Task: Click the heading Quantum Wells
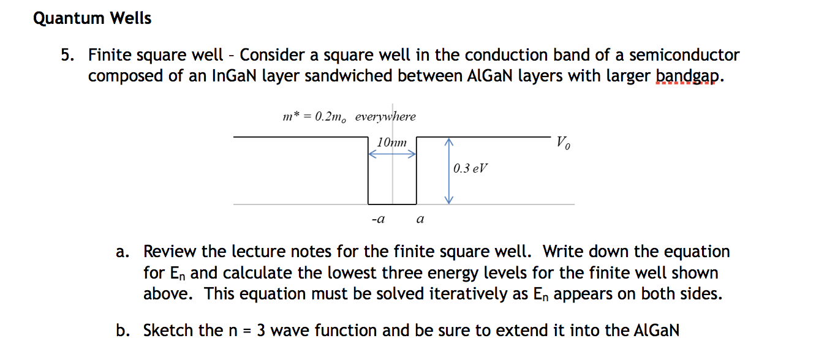(x=92, y=19)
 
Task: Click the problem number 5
(x=67, y=56)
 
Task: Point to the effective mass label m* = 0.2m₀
(x=314, y=117)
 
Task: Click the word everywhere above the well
(x=385, y=116)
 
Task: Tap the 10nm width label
(x=391, y=143)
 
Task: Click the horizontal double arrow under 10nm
(x=392, y=155)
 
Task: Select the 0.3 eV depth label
(x=470, y=168)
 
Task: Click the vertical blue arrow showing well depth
(x=448, y=171)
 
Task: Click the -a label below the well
(x=378, y=218)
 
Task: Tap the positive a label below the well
(x=420, y=218)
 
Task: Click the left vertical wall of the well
(x=368, y=171)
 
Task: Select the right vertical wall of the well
(x=417, y=171)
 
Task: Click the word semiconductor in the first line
(x=684, y=56)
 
